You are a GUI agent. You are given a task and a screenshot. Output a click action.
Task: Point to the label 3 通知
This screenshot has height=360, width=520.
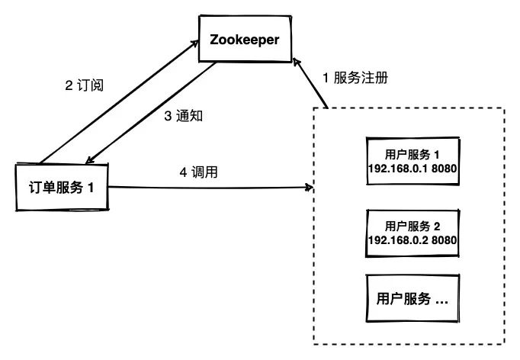tap(182, 117)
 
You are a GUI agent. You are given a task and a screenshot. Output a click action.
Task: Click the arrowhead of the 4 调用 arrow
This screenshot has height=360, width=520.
tap(310, 186)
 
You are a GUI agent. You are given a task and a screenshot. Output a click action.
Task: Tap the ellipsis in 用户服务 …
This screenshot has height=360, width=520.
tap(441, 299)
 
